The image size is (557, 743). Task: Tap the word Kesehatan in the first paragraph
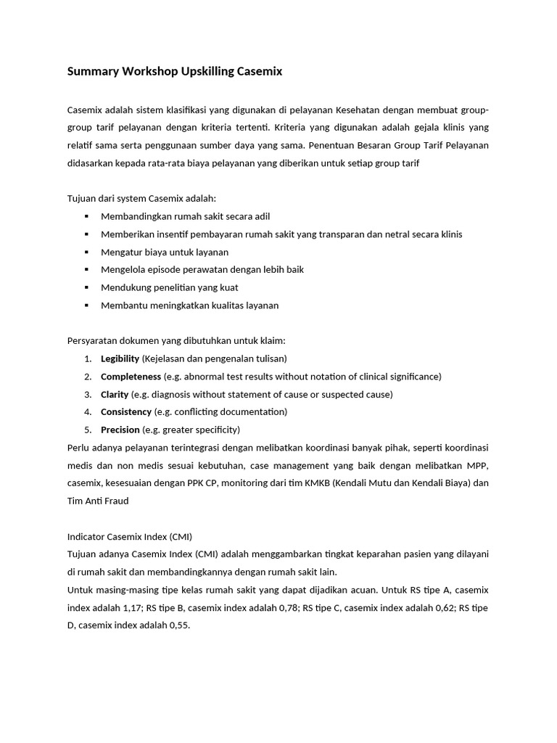point(360,110)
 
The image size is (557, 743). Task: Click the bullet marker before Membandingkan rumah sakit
point(86,216)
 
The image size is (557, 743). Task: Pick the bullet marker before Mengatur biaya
point(86,252)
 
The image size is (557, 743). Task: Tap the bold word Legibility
point(120,358)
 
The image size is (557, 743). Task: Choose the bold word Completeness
point(131,377)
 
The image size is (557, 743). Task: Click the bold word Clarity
point(115,395)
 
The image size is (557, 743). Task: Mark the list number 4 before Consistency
point(87,412)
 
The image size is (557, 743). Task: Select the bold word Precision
point(120,430)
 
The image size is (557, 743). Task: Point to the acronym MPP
point(476,465)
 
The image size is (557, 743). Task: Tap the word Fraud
point(116,501)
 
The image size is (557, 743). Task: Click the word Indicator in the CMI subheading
point(86,537)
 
